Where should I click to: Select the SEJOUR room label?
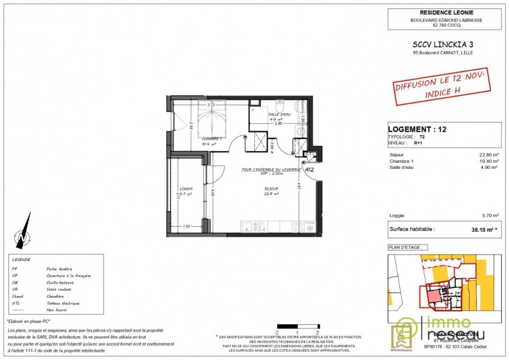(x=271, y=189)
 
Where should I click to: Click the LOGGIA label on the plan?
(x=186, y=189)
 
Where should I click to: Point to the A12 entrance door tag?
(x=309, y=170)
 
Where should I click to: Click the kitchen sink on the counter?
(x=249, y=227)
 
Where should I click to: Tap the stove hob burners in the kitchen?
(x=298, y=227)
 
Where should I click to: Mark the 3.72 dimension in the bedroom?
(x=211, y=105)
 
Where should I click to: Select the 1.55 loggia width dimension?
(x=188, y=226)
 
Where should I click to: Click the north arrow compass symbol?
(x=23, y=231)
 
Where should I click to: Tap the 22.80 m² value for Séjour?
(x=488, y=155)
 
